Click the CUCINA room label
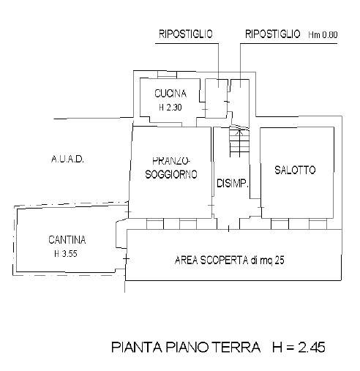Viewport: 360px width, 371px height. (x=170, y=94)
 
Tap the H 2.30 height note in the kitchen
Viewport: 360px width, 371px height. (x=170, y=108)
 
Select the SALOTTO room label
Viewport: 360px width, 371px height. (x=295, y=170)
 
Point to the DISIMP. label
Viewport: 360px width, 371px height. (x=233, y=183)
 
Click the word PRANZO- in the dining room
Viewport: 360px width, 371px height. (x=171, y=161)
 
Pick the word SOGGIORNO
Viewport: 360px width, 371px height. (x=171, y=174)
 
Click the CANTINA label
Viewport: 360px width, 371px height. (x=67, y=240)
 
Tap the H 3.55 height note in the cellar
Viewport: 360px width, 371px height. (x=66, y=254)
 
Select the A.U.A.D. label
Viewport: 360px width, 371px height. (x=67, y=160)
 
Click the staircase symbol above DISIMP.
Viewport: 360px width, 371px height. (x=239, y=143)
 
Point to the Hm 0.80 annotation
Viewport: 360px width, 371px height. (x=323, y=35)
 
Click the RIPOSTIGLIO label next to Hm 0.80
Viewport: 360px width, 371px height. (x=272, y=34)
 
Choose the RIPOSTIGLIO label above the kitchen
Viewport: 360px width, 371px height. (x=186, y=34)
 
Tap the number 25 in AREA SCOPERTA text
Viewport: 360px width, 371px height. (x=280, y=261)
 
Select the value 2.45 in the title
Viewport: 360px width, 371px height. (x=312, y=347)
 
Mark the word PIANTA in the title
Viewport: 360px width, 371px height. (x=137, y=347)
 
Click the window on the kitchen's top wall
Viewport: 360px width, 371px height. (x=167, y=75)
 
